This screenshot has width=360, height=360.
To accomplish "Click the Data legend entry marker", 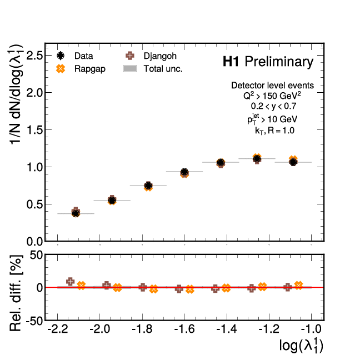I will pyautogui.click(x=61, y=56).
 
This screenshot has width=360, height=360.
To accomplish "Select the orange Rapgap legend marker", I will pyautogui.click(x=61, y=68).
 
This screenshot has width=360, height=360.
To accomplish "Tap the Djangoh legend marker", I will pyautogui.click(x=130, y=56).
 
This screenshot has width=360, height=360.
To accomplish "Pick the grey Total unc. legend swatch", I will pyautogui.click(x=130, y=68).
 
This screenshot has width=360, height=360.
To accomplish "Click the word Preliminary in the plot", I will pyautogui.click(x=279, y=62).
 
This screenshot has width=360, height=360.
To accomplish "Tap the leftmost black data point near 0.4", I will pyautogui.click(x=76, y=213).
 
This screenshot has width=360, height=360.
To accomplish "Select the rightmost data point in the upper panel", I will pyautogui.click(x=293, y=162).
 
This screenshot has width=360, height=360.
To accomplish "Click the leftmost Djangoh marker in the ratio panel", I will pyautogui.click(x=70, y=282).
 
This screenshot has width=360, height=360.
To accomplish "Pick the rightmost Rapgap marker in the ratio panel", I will pyautogui.click(x=298, y=285).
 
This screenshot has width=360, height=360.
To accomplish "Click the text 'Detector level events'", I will pyautogui.click(x=272, y=86).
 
